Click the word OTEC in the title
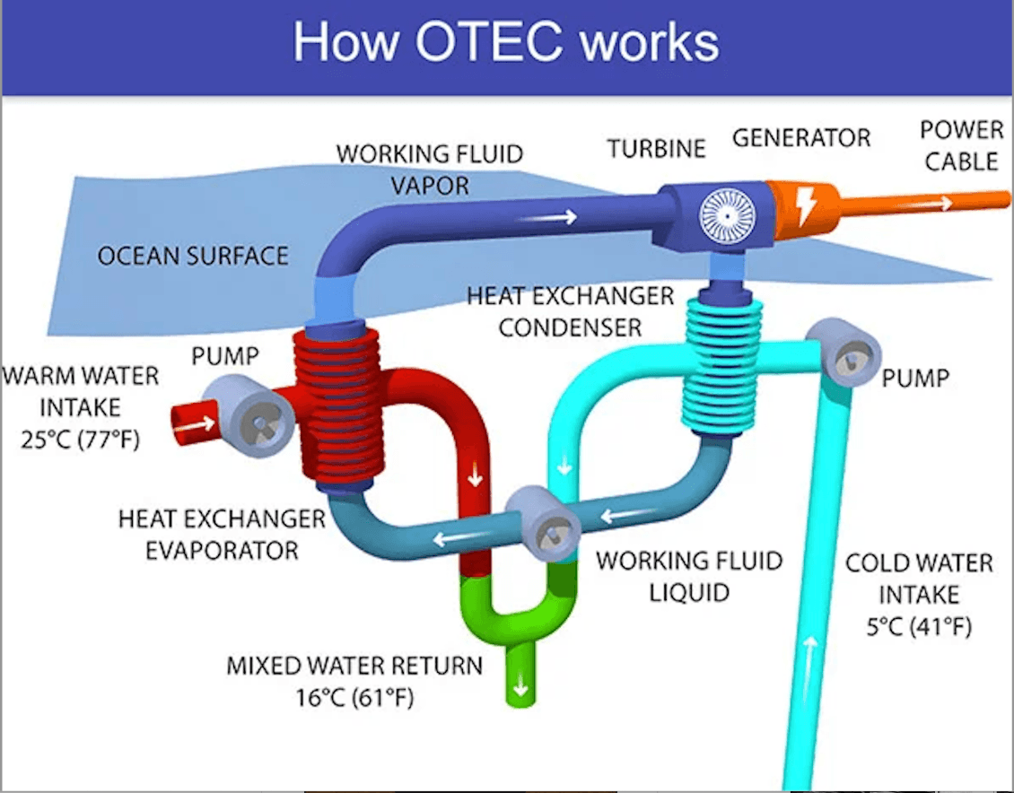click(489, 41)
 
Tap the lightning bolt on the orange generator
click(805, 206)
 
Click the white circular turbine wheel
click(728, 216)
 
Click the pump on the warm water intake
click(249, 415)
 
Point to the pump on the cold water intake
click(844, 353)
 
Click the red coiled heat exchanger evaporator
click(340, 408)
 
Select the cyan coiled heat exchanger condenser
click(721, 365)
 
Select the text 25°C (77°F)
click(80, 440)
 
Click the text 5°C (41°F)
click(919, 626)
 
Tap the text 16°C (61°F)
click(354, 697)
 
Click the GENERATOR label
click(801, 137)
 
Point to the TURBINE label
click(656, 149)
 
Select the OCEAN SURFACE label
click(193, 256)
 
